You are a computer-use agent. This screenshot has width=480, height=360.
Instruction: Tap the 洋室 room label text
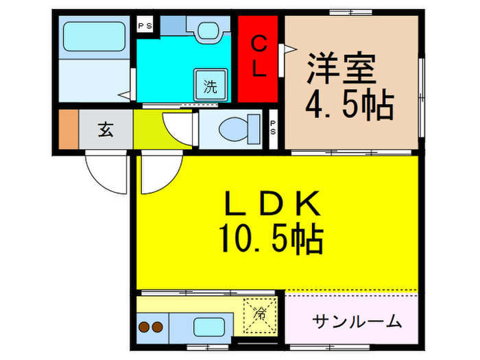coord(340,71)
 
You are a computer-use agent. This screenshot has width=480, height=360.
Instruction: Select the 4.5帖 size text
coord(348,106)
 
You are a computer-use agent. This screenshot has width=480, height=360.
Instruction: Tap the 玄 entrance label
coord(105,128)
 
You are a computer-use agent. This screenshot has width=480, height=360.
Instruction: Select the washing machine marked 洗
coord(210,86)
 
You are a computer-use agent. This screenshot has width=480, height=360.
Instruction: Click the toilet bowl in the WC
coord(237,128)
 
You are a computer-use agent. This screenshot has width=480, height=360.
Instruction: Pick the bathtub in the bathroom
coord(94,35)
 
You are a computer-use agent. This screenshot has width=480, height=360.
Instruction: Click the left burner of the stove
coord(144,327)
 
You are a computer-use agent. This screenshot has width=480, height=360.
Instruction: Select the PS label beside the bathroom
coord(145,26)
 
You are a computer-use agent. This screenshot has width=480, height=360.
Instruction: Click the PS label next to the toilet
coord(273,128)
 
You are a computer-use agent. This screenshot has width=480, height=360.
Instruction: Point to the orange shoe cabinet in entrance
coord(68,128)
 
